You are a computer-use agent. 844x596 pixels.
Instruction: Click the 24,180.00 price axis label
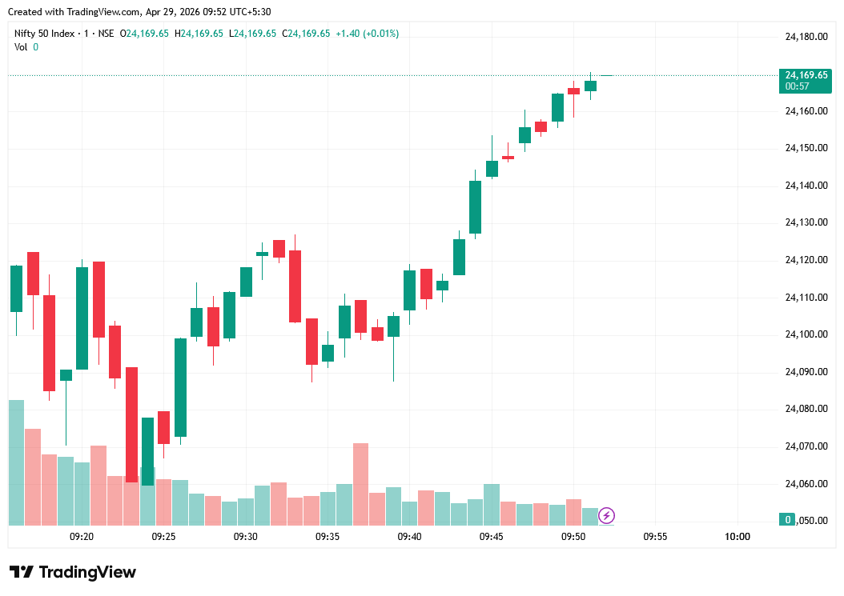click(x=806, y=37)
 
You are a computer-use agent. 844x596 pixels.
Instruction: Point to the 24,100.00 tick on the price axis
click(x=806, y=334)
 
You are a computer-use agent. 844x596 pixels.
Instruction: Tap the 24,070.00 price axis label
click(x=806, y=446)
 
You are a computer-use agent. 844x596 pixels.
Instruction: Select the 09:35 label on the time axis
click(x=328, y=537)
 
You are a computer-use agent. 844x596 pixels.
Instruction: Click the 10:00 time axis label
click(x=737, y=537)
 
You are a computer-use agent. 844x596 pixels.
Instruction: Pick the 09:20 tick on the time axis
click(x=82, y=537)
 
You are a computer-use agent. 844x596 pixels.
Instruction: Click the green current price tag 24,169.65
click(x=806, y=75)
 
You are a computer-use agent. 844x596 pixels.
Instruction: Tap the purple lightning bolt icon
click(x=607, y=515)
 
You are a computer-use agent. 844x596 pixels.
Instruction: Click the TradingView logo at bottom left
click(x=73, y=572)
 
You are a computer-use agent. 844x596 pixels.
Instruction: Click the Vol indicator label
click(x=21, y=47)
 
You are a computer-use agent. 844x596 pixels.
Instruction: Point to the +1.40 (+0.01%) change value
click(x=367, y=34)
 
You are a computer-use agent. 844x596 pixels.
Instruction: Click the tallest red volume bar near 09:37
click(x=360, y=483)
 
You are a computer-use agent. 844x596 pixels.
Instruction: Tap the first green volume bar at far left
click(x=16, y=462)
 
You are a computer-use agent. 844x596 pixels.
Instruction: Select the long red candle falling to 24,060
click(x=131, y=424)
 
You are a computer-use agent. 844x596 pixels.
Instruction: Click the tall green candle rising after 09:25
click(x=180, y=387)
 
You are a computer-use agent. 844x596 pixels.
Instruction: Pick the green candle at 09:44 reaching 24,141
click(x=475, y=206)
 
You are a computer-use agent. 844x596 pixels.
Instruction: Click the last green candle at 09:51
click(x=590, y=86)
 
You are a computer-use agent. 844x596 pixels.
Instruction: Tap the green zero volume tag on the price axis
click(x=788, y=520)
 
